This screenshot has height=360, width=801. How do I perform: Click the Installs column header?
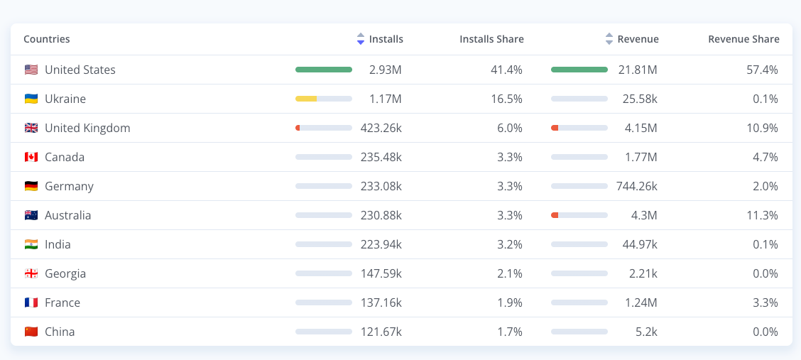click(386, 39)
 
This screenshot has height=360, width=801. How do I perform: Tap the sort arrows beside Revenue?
click(609, 39)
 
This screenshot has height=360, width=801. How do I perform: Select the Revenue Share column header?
click(743, 39)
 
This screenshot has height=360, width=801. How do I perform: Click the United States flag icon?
click(31, 70)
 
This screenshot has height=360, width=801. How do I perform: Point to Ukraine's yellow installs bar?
click(306, 99)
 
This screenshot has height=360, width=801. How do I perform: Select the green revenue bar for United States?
click(579, 70)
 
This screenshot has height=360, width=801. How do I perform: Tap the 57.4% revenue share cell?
click(762, 70)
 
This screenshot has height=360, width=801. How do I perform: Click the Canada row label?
click(65, 157)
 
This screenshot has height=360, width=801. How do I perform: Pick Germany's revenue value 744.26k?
click(636, 186)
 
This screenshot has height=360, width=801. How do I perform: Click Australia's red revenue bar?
click(555, 215)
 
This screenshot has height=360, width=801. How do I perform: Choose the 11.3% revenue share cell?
click(763, 215)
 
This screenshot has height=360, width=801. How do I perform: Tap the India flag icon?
click(31, 244)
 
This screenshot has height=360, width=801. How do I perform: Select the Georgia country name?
click(65, 273)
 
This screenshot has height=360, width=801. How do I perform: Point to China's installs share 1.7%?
click(511, 332)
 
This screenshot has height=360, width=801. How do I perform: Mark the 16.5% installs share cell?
click(508, 99)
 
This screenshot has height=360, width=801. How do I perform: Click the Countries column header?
click(46, 39)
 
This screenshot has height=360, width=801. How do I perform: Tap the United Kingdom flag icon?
click(31, 129)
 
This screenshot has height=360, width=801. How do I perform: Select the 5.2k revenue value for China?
click(645, 332)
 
